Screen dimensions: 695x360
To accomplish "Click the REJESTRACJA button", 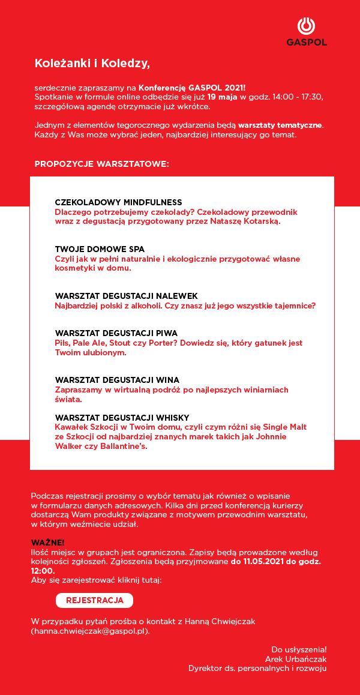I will [x=94, y=600].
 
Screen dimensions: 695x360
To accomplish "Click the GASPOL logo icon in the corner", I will [x=306, y=27].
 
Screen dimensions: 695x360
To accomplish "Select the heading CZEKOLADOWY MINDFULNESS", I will [x=118, y=202].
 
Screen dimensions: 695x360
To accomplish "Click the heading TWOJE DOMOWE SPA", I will [x=100, y=249].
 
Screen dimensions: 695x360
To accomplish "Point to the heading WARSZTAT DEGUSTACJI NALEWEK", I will [x=126, y=296].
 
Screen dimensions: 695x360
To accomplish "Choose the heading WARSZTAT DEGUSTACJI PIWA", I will [x=116, y=333].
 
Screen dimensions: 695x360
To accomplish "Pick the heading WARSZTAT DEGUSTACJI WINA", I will [x=117, y=380].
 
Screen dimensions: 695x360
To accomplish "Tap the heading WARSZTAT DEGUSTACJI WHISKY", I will [x=122, y=417].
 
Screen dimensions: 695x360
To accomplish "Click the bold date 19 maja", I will [x=223, y=97].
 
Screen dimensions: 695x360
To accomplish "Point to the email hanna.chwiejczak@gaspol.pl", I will [x=89, y=631].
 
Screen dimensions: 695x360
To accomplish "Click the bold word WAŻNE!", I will [x=47, y=543].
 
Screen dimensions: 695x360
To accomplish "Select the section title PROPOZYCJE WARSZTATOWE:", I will [x=101, y=163].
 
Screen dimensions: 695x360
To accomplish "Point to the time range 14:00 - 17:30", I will [x=298, y=97].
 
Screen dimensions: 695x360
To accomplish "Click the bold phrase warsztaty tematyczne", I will [x=280, y=125].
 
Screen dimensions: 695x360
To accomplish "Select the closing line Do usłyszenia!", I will [x=299, y=649].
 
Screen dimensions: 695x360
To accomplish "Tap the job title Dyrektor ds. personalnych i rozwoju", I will [x=257, y=668].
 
